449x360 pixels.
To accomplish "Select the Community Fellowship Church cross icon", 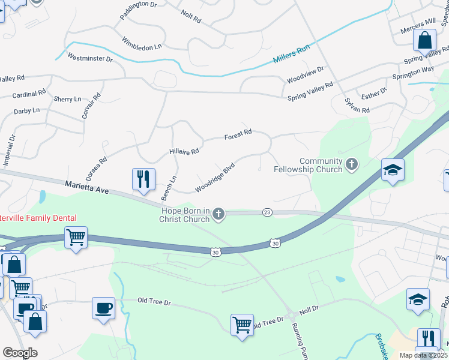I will click(351, 163).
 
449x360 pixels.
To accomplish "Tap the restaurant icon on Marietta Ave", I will click(143, 179).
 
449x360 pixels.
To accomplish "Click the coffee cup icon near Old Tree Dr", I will click(103, 308).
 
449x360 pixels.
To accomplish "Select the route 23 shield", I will click(267, 212).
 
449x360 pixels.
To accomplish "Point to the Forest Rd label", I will click(238, 136).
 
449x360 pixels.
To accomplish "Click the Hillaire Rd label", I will click(184, 152).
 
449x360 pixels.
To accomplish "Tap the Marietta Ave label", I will click(88, 188).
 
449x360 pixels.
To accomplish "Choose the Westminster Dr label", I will click(91, 59).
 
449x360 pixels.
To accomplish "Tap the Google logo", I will click(19, 353).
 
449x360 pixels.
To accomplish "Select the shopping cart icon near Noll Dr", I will click(242, 325).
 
